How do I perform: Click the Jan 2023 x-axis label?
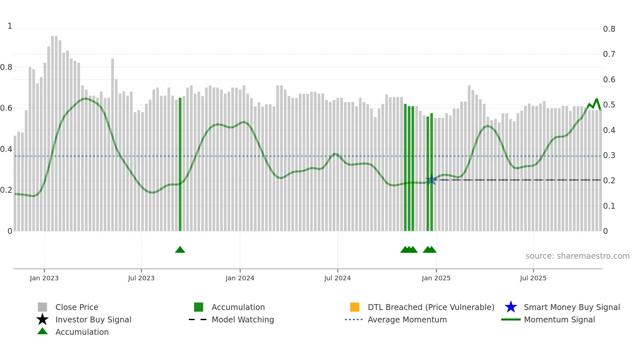(44, 278)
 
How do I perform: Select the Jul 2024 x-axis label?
(337, 278)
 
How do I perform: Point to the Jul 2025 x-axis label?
(533, 278)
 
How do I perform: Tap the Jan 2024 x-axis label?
(240, 278)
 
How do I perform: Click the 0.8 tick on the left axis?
(7, 67)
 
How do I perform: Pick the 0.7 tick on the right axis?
(609, 54)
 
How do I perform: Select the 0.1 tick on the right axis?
(609, 206)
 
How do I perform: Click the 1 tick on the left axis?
(10, 26)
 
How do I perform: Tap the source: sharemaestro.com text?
(577, 256)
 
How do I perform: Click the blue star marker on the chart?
(431, 180)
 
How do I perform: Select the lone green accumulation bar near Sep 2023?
(180, 163)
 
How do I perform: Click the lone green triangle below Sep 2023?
(180, 250)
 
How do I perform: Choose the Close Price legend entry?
(77, 307)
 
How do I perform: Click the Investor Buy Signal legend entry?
(93, 319)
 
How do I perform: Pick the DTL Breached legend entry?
(431, 307)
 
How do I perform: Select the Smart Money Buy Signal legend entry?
(571, 307)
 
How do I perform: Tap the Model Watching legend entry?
(243, 319)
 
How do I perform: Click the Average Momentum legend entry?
(407, 319)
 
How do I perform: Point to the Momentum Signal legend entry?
(559, 319)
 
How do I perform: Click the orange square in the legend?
(355, 307)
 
